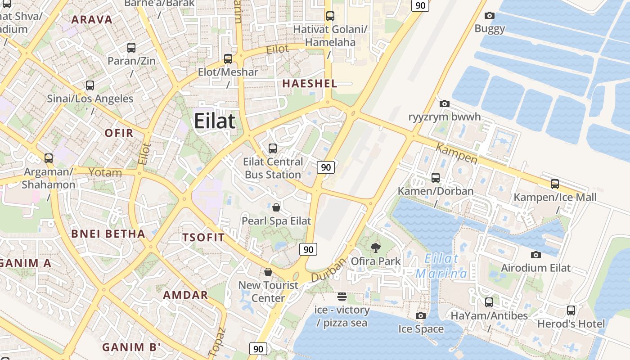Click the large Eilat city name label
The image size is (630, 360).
[215, 121]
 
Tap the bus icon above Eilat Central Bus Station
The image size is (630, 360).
[272, 148]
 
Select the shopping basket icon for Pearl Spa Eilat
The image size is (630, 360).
[276, 207]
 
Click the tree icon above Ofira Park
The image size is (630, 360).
[375, 247]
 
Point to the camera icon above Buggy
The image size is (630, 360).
[490, 15]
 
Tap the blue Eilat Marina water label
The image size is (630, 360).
[441, 266]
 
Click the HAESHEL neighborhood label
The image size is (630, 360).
[310, 83]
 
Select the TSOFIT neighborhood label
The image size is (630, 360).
[203, 238]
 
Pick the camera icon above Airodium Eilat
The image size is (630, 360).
[535, 255]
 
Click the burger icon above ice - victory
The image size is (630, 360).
[342, 296]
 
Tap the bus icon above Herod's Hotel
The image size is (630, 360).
[571, 310]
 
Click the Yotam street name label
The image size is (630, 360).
[105, 172]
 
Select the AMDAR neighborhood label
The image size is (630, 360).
[185, 295]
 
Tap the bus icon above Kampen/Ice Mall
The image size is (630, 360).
[555, 184]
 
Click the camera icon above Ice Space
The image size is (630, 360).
[421, 315]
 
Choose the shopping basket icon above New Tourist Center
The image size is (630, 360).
[268, 272]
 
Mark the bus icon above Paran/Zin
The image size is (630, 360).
[131, 47]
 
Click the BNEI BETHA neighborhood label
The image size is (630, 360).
[108, 234]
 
